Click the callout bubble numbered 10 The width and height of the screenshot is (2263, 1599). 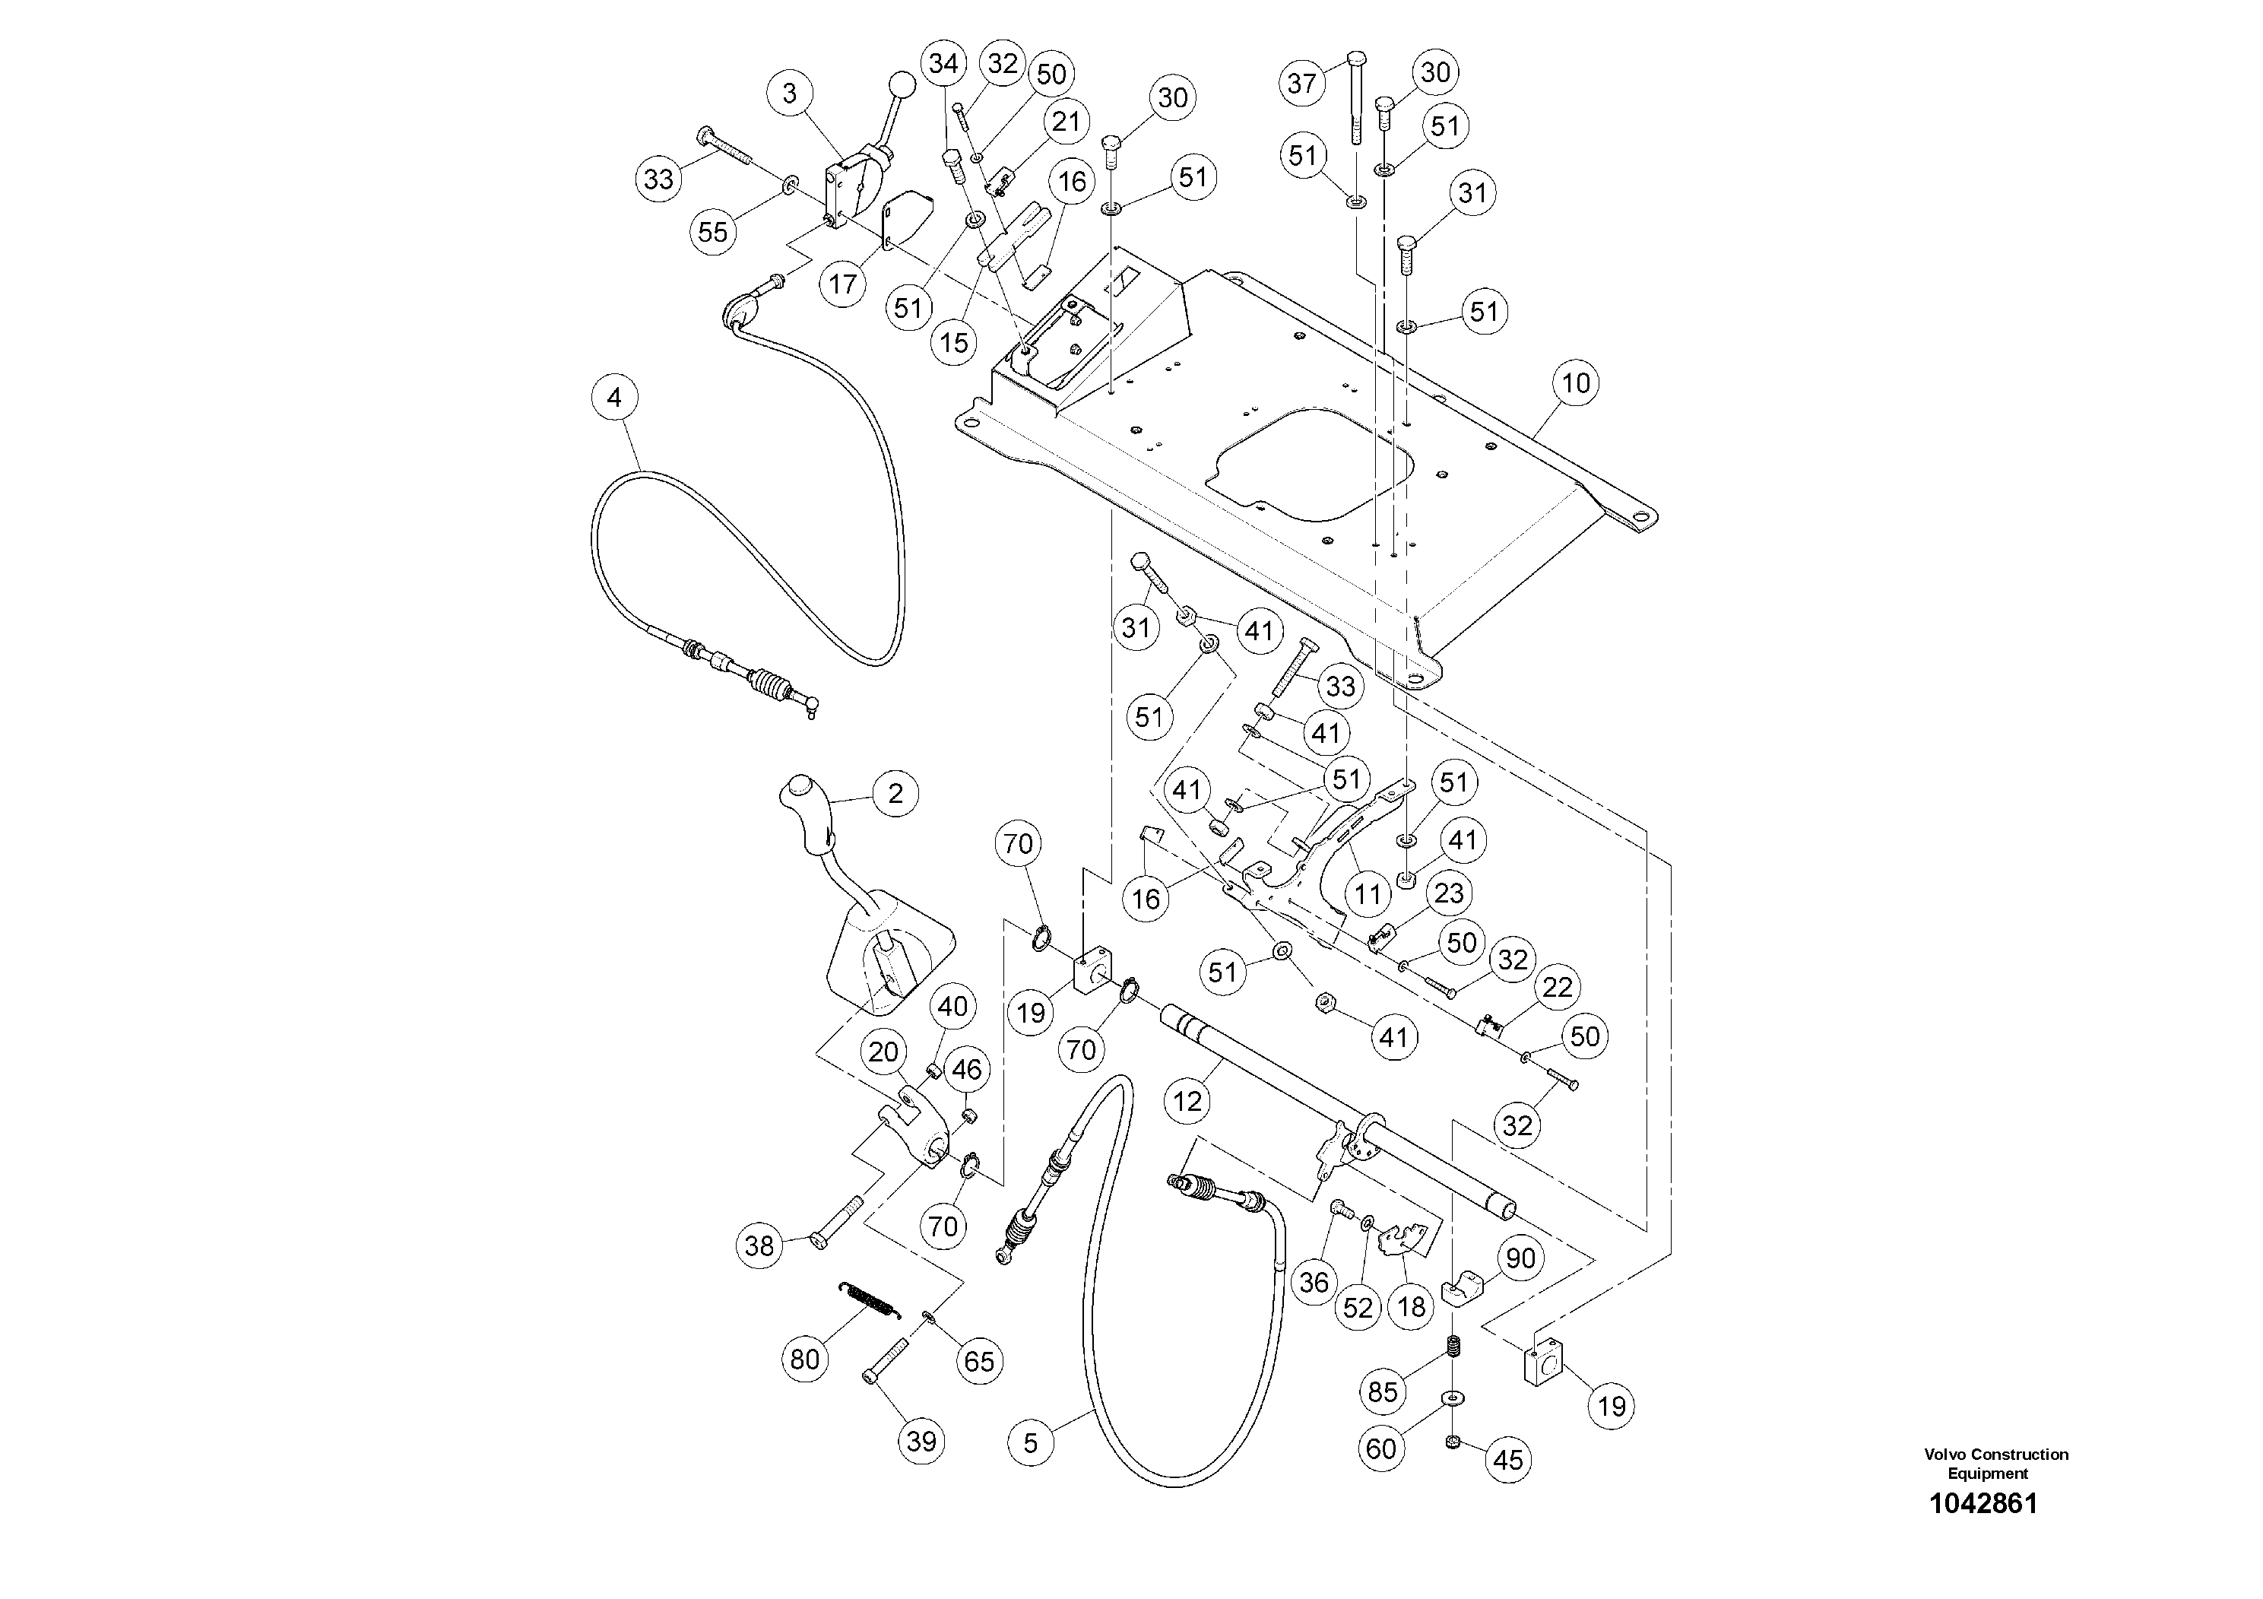click(x=1576, y=383)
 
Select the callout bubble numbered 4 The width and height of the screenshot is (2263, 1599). click(x=615, y=398)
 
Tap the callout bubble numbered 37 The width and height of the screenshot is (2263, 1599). click(x=1302, y=83)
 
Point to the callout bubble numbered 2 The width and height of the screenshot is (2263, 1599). click(x=895, y=794)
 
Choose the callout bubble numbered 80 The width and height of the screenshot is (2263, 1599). click(x=805, y=1359)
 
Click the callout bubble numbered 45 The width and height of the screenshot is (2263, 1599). click(x=1508, y=1459)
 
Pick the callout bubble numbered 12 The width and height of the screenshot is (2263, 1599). click(x=1187, y=1100)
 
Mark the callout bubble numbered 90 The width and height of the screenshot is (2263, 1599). click(x=1521, y=1258)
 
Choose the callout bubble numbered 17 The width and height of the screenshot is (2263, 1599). click(x=843, y=284)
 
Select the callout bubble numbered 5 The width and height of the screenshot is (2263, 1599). click(x=1031, y=1443)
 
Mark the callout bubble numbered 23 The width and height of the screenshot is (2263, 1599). click(x=1448, y=893)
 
